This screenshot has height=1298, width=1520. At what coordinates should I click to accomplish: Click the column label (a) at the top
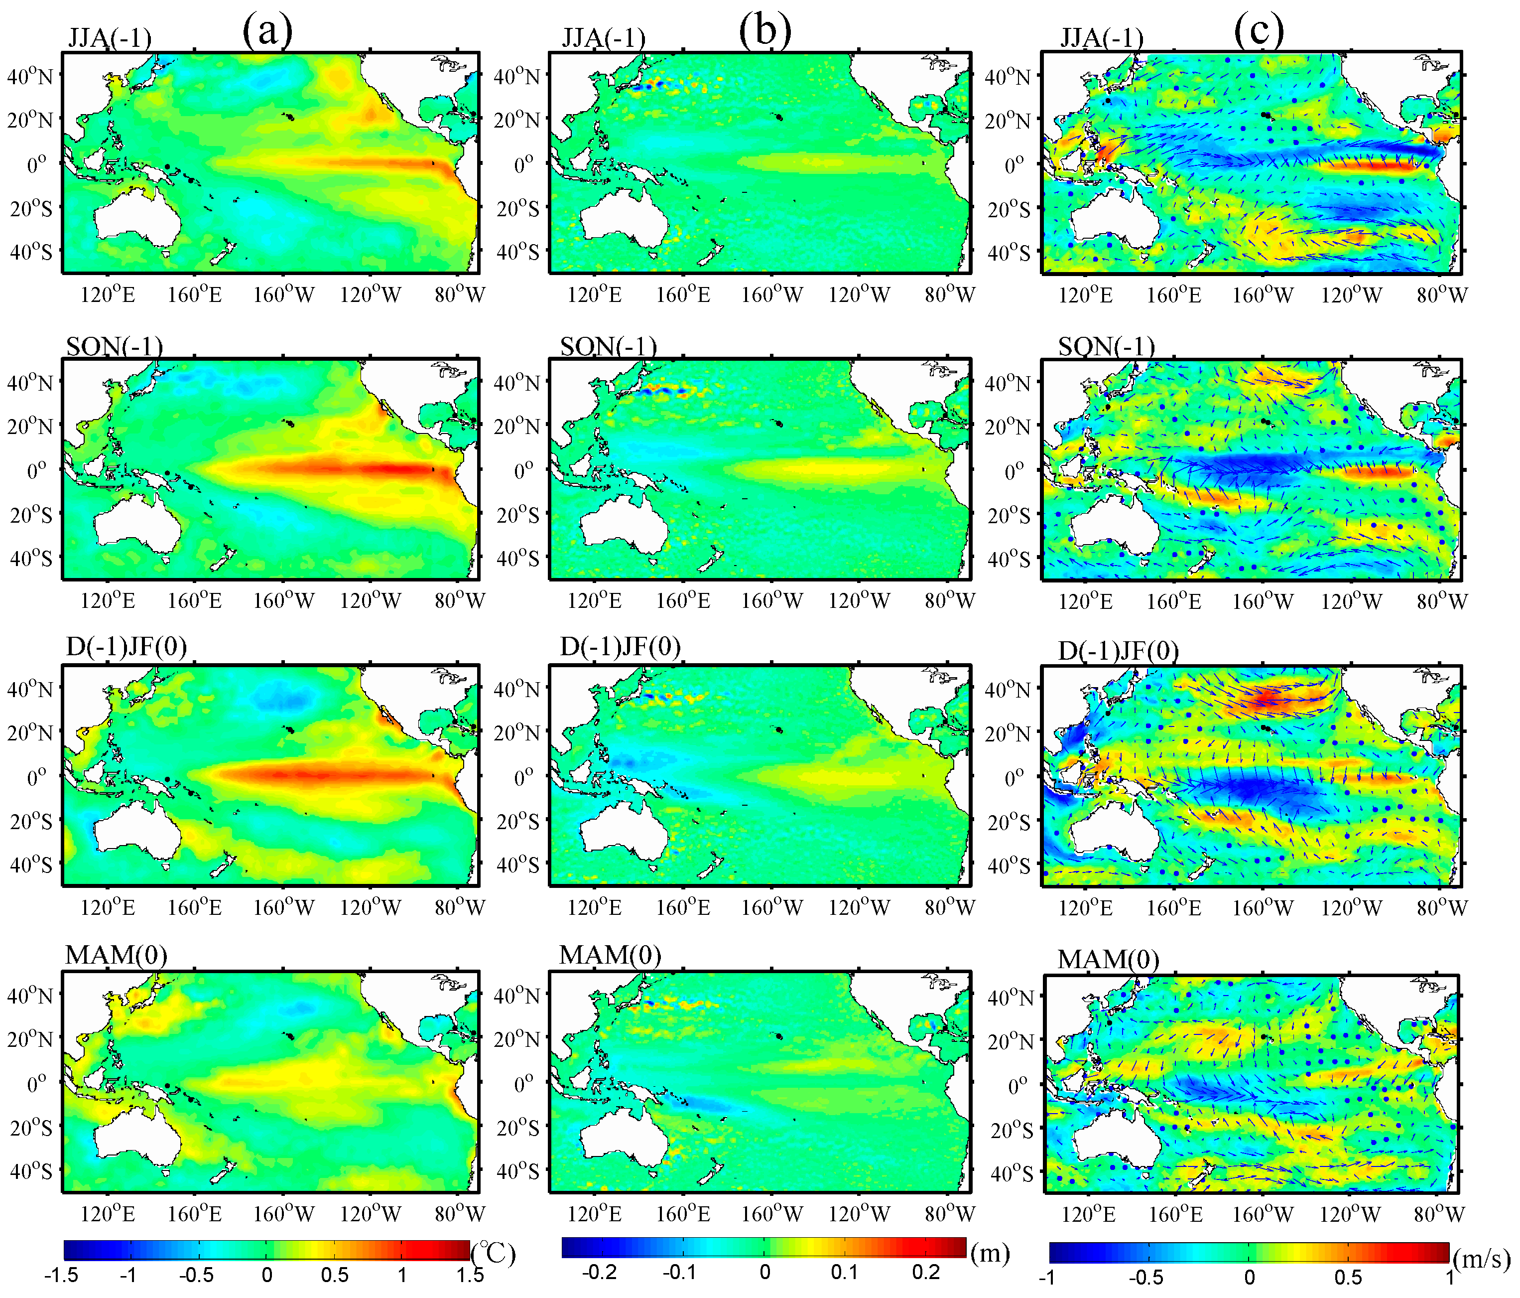[x=267, y=31]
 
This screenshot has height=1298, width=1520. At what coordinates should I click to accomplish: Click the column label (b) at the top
[x=764, y=31]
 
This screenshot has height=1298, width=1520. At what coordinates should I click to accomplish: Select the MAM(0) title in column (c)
[x=1108, y=959]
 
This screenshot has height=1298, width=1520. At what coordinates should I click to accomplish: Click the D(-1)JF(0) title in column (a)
[x=126, y=646]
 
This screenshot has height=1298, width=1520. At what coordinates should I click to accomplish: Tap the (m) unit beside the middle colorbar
[x=990, y=1253]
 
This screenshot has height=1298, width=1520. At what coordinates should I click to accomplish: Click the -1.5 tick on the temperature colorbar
[x=62, y=1275]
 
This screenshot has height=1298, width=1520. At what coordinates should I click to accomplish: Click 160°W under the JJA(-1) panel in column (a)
[x=283, y=295]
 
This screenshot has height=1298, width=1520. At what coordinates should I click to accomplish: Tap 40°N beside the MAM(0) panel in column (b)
[x=516, y=996]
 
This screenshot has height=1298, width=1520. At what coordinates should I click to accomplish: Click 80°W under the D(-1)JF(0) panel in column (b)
[x=949, y=908]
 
